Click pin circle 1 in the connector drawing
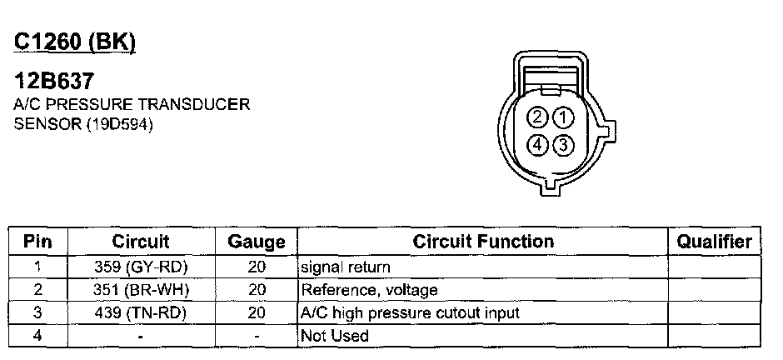[x=564, y=117]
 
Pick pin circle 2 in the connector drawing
[x=540, y=117]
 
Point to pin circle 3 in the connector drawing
[x=564, y=144]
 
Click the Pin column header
[x=37, y=242]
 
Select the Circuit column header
[x=141, y=242]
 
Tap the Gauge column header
[x=257, y=242]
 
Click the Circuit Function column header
[x=483, y=242]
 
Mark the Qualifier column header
[x=714, y=242]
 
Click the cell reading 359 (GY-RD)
[x=141, y=267]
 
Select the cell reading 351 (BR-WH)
[x=141, y=290]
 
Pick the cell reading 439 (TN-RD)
[x=141, y=313]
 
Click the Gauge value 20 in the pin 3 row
[x=257, y=313]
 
